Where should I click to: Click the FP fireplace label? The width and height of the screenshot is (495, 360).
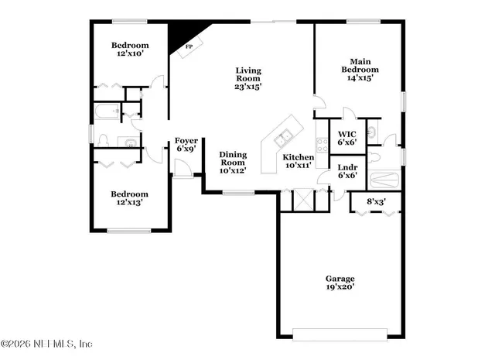(x=188, y=46)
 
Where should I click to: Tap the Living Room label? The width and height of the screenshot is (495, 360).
(x=249, y=78)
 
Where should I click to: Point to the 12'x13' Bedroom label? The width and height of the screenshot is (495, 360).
(x=128, y=198)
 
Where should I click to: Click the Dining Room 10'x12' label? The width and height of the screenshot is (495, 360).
(x=232, y=163)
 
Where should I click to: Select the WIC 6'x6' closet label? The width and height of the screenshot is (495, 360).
(x=346, y=138)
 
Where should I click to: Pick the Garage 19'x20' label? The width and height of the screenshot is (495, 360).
(x=340, y=283)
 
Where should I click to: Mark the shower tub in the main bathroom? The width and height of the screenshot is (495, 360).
(x=384, y=181)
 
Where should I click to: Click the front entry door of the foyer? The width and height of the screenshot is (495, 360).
(x=183, y=168)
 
